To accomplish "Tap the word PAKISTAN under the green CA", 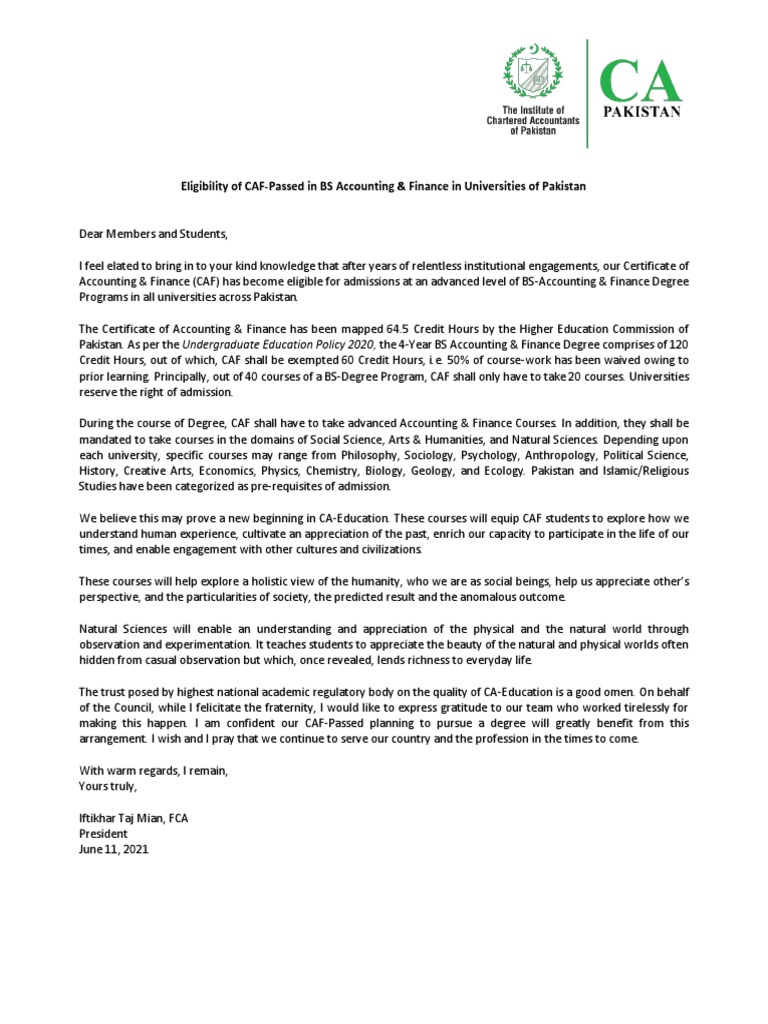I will tap(641, 112).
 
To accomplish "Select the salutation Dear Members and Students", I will tap(154, 234).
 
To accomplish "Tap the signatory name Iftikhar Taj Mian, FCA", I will tap(134, 818).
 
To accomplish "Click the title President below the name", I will tap(103, 833).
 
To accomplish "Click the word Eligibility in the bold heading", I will tap(206, 187).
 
